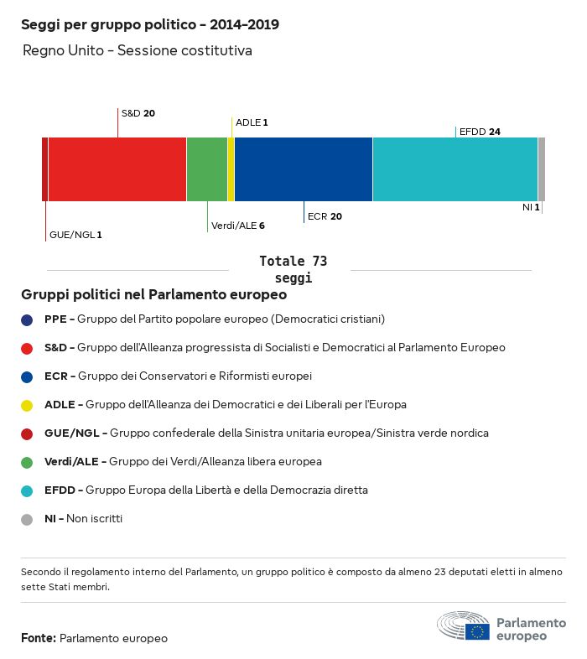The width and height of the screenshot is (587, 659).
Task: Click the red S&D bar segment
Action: coord(117,169)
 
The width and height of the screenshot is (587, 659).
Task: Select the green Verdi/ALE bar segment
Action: coord(206,169)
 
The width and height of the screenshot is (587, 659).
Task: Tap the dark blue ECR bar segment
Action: coord(303,169)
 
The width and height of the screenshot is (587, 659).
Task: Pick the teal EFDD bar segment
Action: coord(455,169)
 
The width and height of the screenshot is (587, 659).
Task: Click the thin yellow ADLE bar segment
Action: coord(231,169)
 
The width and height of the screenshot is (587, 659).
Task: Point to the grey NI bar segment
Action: coord(542,169)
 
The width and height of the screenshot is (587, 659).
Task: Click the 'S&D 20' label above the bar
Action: coord(138,113)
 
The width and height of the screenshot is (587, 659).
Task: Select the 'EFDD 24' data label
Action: coord(480,132)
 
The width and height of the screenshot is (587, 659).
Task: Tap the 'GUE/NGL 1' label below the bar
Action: coord(75,235)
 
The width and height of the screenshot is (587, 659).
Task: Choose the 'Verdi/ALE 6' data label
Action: coord(238,226)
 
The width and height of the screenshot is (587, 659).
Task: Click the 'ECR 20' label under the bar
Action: coord(325,216)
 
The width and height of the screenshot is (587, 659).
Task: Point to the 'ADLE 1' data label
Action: coord(252,122)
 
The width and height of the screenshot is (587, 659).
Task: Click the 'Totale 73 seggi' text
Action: coord(293,269)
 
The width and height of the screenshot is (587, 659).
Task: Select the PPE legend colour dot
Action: coord(28,319)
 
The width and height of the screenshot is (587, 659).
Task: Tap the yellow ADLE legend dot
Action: coord(28,405)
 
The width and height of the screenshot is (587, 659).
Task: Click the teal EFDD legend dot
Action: coord(28,490)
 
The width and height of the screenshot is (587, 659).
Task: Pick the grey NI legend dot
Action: coord(28,519)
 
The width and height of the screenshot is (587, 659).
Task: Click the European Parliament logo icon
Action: coord(463,626)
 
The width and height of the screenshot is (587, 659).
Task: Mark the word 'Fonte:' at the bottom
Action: coord(39,639)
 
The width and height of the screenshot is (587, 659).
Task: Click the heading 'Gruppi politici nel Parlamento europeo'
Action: coord(154,295)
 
